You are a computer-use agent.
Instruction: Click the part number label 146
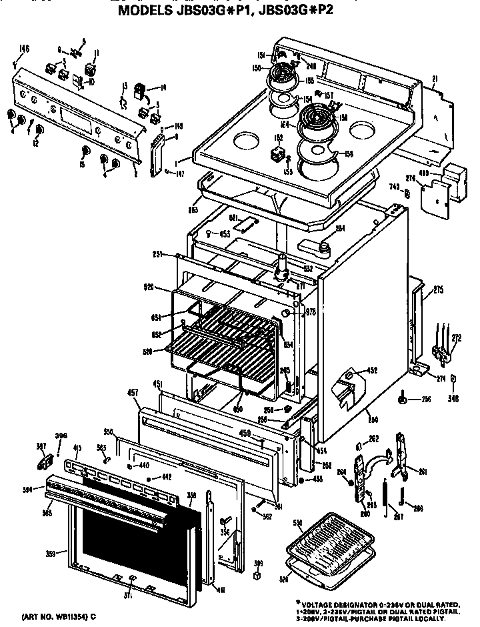24,49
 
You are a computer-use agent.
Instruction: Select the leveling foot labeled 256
404,400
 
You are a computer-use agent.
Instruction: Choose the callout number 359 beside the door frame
51,553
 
